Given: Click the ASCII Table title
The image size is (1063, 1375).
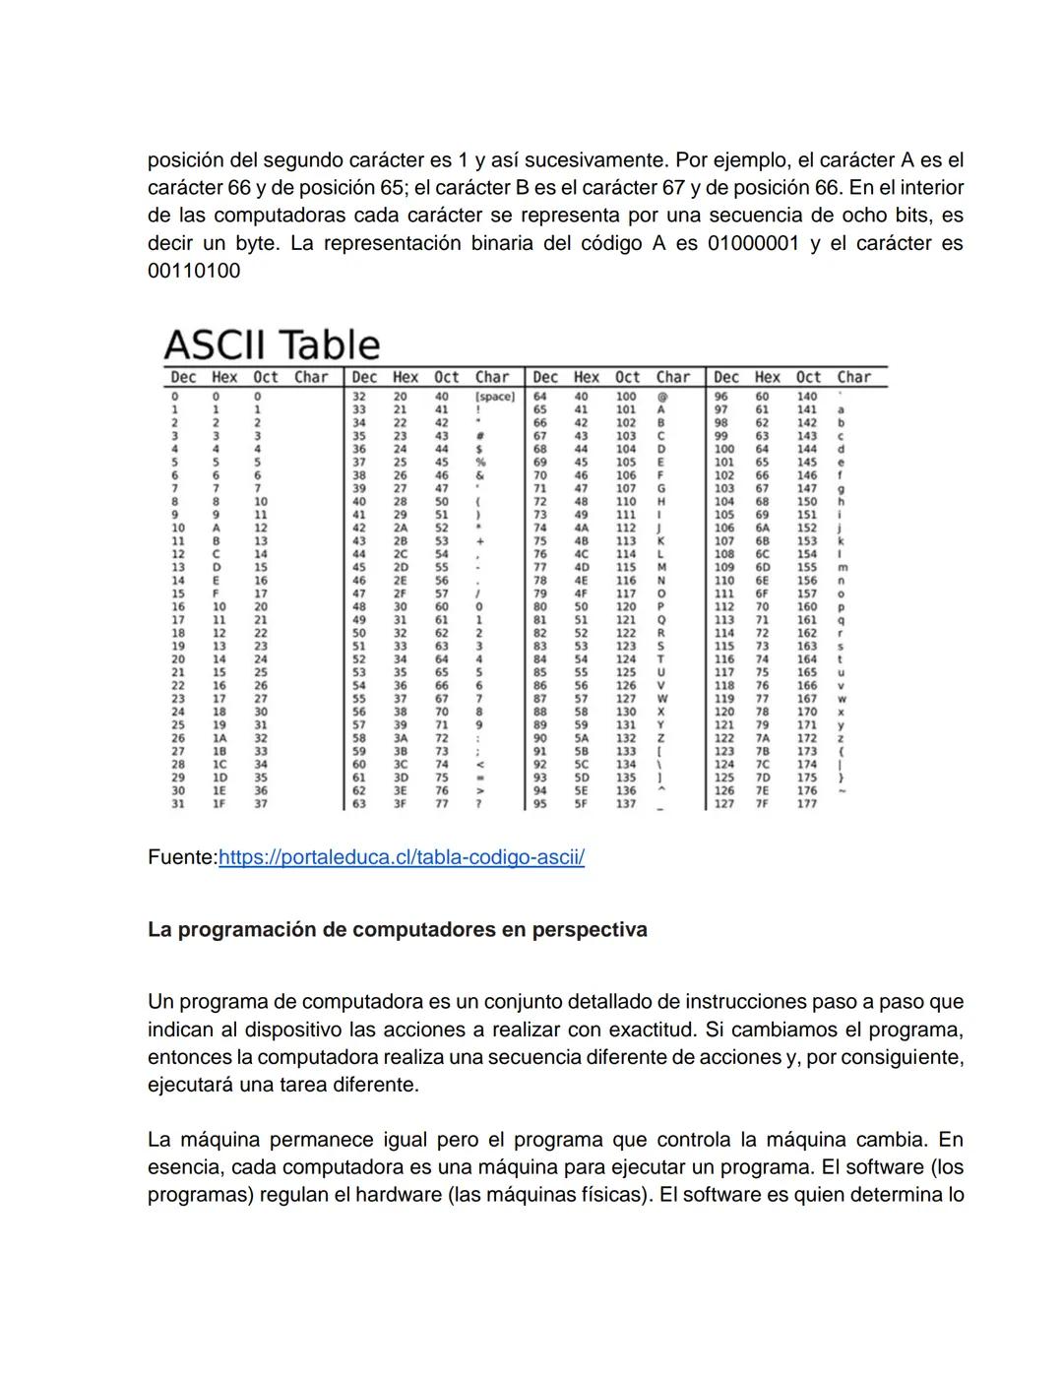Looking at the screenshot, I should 272,344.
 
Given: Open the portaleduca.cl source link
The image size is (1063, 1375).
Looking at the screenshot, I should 401,857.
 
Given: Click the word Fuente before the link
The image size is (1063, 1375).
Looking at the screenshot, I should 180,857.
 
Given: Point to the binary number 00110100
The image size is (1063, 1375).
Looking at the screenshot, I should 194,271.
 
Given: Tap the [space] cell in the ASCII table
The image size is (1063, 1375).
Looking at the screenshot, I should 495,397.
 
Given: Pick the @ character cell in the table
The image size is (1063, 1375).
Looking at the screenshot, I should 661,397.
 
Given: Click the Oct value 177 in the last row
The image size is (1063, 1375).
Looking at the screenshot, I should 807,804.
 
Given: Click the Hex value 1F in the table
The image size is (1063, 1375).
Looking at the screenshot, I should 218,804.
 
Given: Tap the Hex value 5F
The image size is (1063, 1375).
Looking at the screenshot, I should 582,804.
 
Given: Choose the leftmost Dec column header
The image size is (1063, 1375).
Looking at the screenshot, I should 183,377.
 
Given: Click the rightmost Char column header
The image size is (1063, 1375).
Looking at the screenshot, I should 853,377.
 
